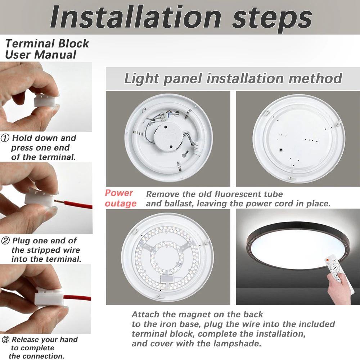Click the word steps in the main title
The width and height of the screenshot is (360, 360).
[272, 17]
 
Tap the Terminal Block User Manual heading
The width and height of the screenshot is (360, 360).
[47, 49]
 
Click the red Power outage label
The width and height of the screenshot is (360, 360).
[120, 198]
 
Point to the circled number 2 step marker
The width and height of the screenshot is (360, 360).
[5, 241]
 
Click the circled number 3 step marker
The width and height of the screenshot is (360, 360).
[5, 339]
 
